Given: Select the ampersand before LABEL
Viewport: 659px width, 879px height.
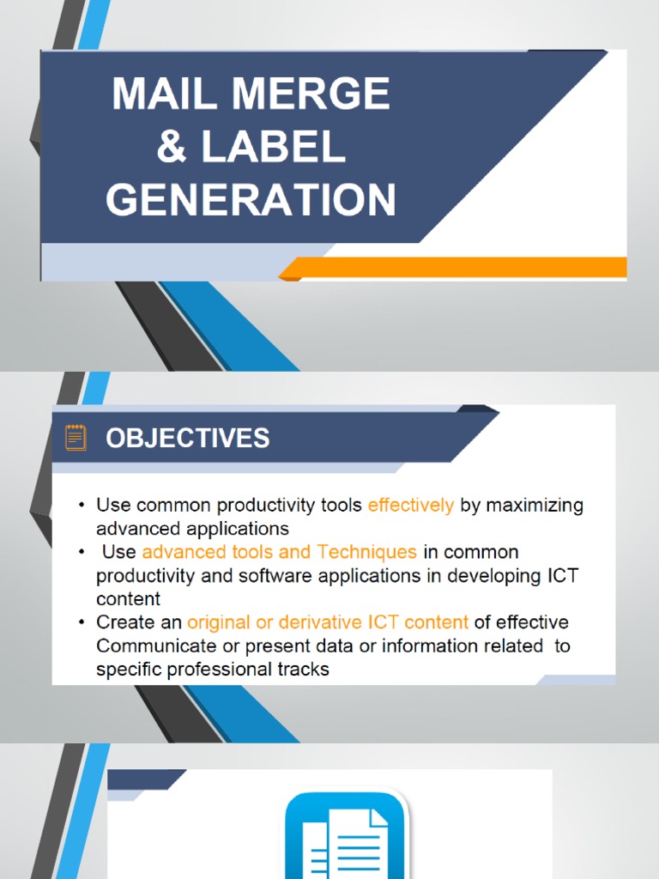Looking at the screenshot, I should pyautogui.click(x=171, y=147).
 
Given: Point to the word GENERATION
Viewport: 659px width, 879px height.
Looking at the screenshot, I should pyautogui.click(x=251, y=200).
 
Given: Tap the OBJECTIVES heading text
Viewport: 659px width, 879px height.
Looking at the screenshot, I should pyautogui.click(x=187, y=439).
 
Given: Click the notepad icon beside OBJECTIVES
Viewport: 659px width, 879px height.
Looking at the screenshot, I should pyautogui.click(x=76, y=438).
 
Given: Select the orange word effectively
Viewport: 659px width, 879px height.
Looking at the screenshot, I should pyautogui.click(x=411, y=506).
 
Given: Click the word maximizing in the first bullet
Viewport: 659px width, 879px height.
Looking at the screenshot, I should pyautogui.click(x=535, y=506).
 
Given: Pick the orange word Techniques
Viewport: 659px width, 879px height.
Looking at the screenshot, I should pyautogui.click(x=366, y=552).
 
